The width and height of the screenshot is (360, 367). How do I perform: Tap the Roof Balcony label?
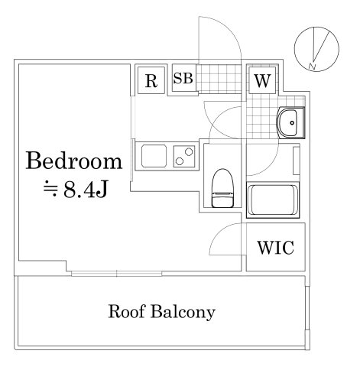tap(161, 312)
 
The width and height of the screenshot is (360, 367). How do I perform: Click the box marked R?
tap(151, 80)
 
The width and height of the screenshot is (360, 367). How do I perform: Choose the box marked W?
tap(261, 80)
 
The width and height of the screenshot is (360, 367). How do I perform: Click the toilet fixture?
tap(222, 187)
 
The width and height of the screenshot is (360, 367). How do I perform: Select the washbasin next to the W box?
tap(290, 121)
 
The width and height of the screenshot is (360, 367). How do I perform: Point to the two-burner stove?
tap(184, 158)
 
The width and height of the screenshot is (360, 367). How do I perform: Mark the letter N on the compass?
tap(313, 67)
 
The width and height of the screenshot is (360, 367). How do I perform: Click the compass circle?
tap(314, 47)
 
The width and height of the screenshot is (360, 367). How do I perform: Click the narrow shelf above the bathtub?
tap(297, 161)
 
